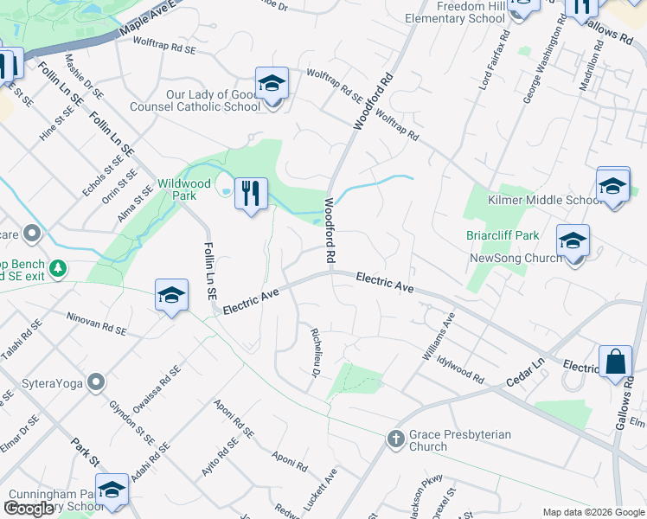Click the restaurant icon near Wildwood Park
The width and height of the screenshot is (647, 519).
251,192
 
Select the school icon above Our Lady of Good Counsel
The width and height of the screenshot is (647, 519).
272,84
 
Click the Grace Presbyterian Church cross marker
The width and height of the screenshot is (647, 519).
396,439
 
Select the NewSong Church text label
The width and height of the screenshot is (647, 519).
516,258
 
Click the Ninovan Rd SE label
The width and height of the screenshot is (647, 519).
97,324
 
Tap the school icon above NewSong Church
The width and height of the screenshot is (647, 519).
573,241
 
